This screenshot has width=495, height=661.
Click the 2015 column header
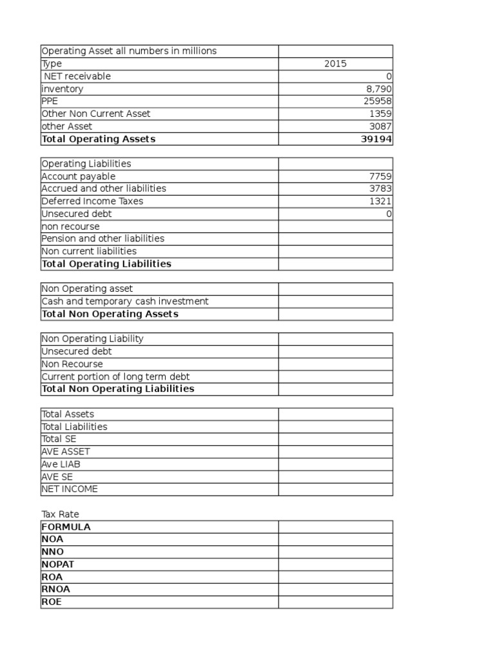coord(335,64)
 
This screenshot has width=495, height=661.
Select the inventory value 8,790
coord(379,89)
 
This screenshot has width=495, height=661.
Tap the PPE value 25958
coord(378,101)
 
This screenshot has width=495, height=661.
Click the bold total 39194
coord(376,139)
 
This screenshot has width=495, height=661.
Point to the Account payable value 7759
coord(380,176)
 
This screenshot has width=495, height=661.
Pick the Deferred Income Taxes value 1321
coord(380,201)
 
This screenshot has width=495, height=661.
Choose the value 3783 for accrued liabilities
coord(380,188)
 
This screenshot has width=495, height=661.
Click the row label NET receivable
coord(77,76)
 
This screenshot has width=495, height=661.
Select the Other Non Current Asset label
coord(96,114)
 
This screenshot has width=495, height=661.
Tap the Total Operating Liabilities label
coord(106,263)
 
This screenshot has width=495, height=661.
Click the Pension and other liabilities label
coord(103,239)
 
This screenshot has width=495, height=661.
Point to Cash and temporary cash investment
coord(125,301)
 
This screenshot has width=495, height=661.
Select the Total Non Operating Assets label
coord(110,314)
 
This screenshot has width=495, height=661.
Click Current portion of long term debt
coord(116,376)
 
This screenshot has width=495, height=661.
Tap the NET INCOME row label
coord(70,489)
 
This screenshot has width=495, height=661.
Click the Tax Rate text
coord(60,514)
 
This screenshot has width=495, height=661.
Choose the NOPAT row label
coord(57,564)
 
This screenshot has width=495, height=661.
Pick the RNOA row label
coord(55,589)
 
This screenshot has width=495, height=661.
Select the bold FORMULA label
coord(66,527)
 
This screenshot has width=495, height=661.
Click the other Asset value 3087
coord(380,127)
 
